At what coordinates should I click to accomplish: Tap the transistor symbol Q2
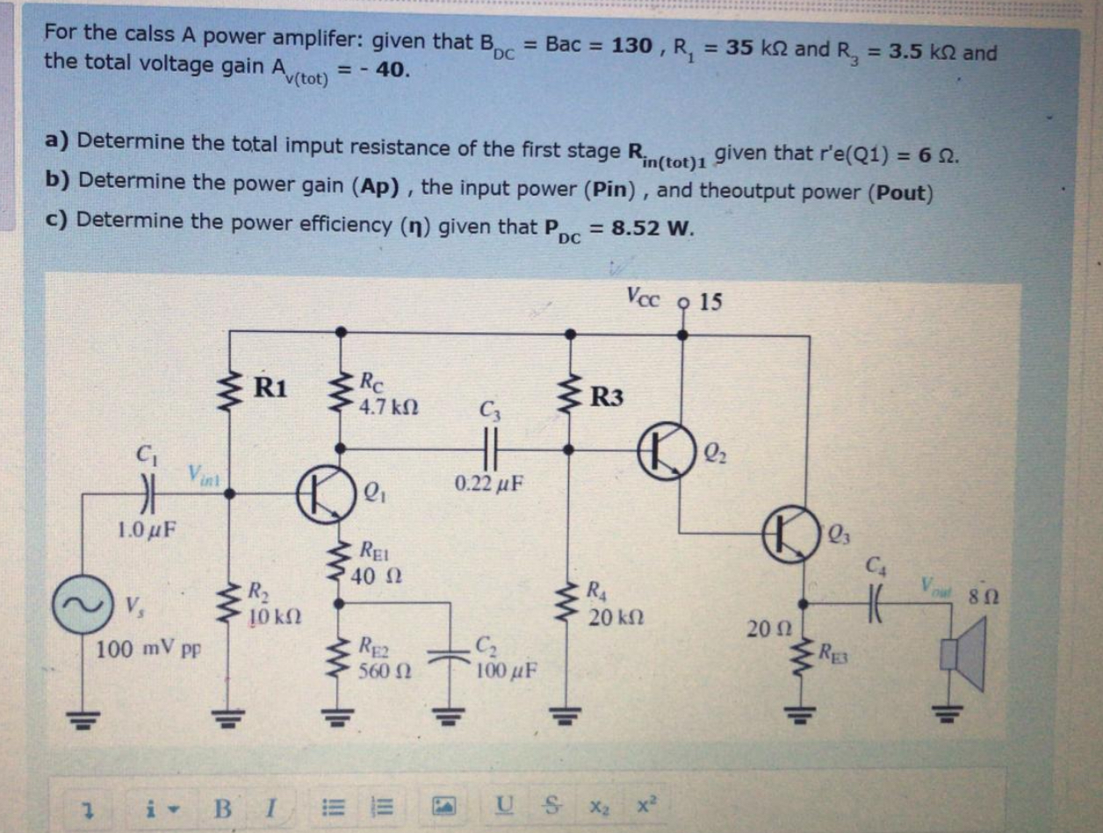point(664,450)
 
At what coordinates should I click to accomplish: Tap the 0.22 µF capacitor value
point(487,484)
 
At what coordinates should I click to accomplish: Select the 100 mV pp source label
point(147,651)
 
